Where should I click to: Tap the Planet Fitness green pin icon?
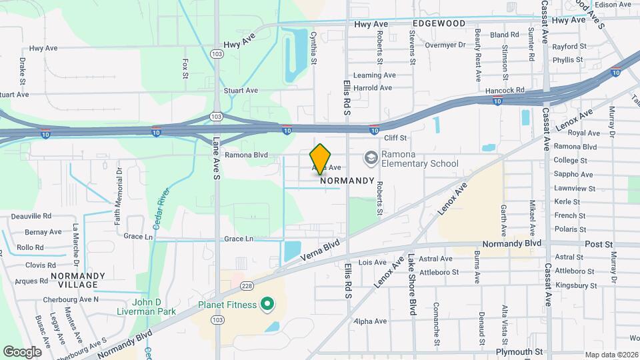click(x=267, y=305)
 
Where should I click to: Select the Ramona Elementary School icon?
click(x=371, y=158)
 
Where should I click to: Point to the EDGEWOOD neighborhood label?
click(x=438, y=23)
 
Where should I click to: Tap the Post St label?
click(x=598, y=245)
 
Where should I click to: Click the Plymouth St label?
click(x=520, y=351)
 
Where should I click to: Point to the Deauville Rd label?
click(x=29, y=216)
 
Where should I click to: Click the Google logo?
click(x=22, y=351)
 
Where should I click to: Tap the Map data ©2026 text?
click(x=611, y=355)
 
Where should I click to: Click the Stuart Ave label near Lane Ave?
click(x=241, y=90)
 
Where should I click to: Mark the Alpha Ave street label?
click(x=371, y=321)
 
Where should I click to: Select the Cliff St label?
click(x=395, y=138)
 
